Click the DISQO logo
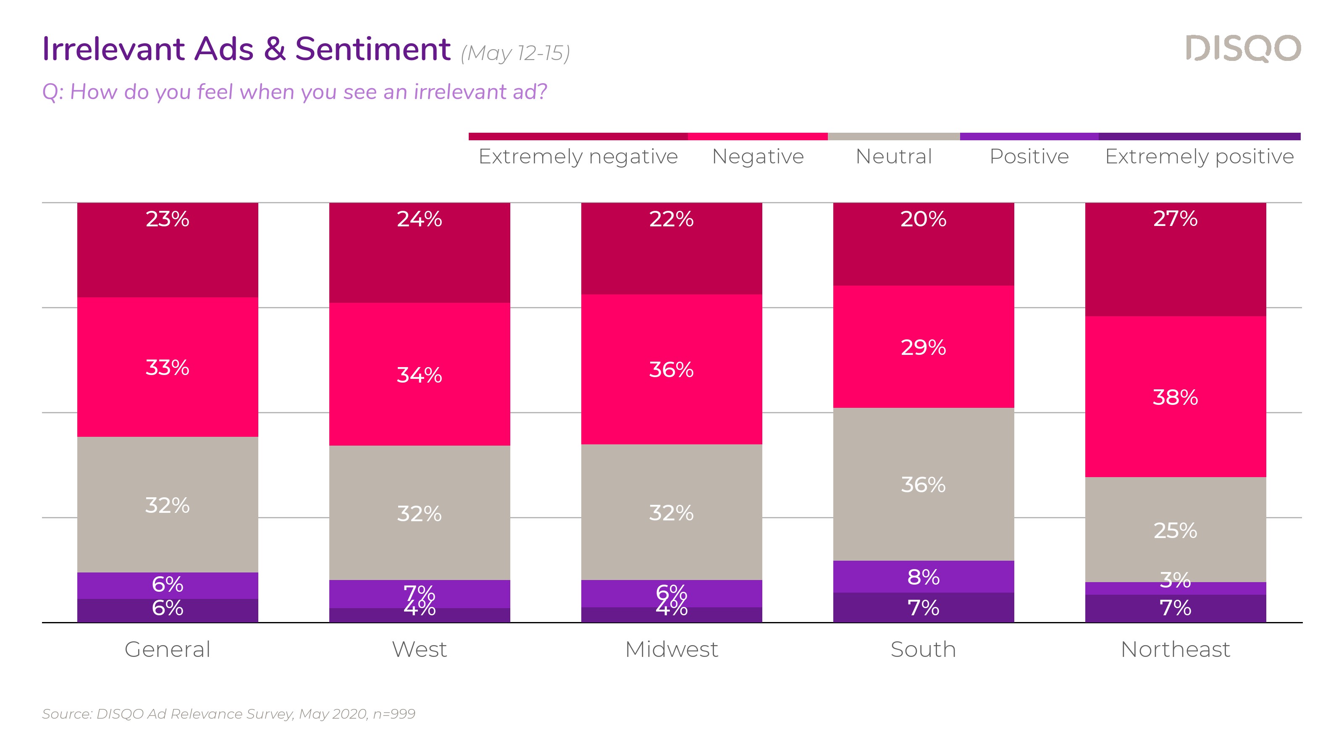1243,49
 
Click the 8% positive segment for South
924,577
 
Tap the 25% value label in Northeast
1176,530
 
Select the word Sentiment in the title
373,49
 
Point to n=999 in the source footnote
394,714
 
